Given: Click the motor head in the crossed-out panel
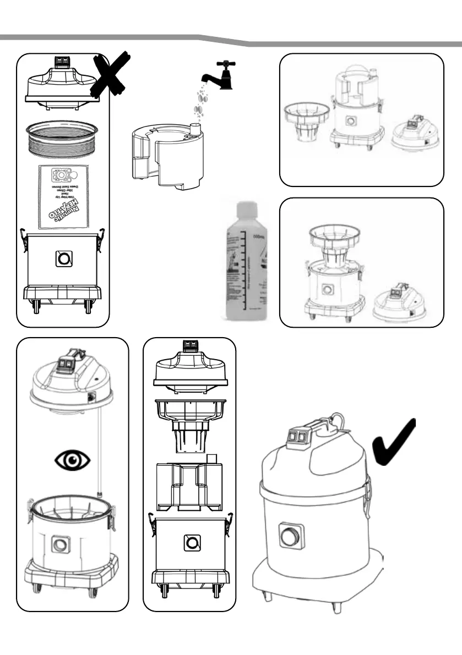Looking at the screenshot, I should click(62, 84).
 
